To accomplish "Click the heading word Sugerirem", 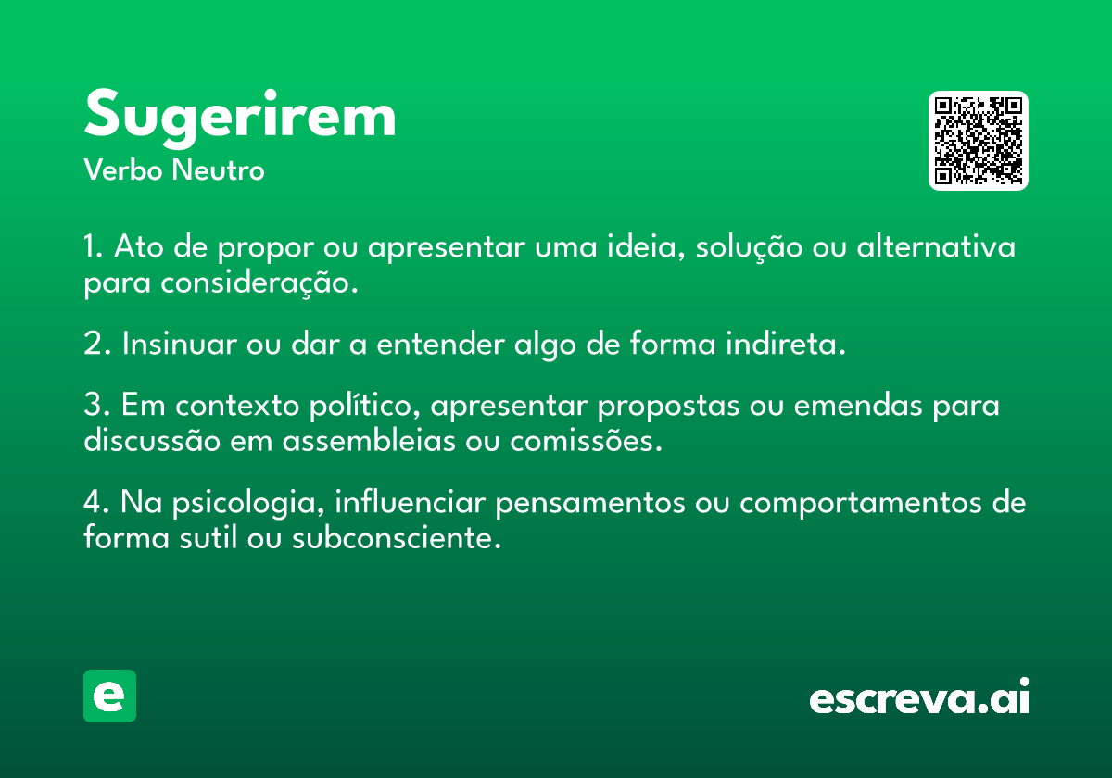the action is [x=240, y=118].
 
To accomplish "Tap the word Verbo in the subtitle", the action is [x=123, y=170].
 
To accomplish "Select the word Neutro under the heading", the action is [x=218, y=170].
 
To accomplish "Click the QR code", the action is [x=978, y=141].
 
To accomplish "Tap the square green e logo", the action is [x=109, y=696].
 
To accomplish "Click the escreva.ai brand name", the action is [x=919, y=696].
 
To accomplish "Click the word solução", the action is [x=749, y=247].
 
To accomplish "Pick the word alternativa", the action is [x=936, y=246].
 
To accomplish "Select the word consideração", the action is [x=259, y=283].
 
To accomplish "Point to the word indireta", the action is [x=786, y=343].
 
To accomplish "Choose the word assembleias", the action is [x=369, y=440].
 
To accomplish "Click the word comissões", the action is [x=587, y=440].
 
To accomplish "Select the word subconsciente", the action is [x=397, y=537].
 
